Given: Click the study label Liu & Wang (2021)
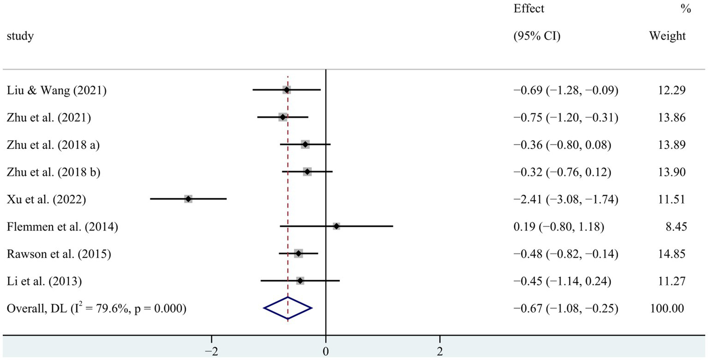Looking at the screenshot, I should (x=57, y=90).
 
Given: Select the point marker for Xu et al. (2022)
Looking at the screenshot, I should (x=188, y=199).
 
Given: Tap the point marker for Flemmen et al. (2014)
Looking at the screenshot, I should (x=336, y=226).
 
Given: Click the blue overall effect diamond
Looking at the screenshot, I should (x=288, y=308).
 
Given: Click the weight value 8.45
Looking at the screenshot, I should (x=675, y=226).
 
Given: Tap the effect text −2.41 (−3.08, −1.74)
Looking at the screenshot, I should (x=565, y=199).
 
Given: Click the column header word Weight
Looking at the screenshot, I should (x=667, y=36).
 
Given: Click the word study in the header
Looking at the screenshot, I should (x=20, y=36).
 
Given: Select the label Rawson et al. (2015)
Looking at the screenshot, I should (x=59, y=254).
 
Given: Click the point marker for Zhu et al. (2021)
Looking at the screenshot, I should (x=283, y=118).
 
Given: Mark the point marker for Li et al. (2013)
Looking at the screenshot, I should (x=300, y=280).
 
